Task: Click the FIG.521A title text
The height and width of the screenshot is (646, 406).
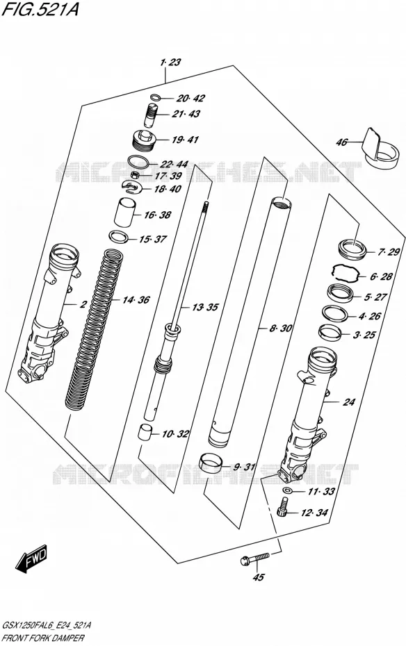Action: click(x=40, y=9)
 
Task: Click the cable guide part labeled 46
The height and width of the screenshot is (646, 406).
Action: click(x=381, y=149)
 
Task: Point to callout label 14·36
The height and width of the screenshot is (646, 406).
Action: click(x=136, y=300)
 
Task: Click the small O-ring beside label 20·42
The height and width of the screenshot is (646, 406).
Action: click(x=156, y=98)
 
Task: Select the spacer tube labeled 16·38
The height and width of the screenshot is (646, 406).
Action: click(x=125, y=212)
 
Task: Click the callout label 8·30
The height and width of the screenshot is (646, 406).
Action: click(x=281, y=329)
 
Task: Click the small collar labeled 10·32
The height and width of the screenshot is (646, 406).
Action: click(x=145, y=433)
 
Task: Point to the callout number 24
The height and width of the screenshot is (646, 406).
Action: click(x=349, y=401)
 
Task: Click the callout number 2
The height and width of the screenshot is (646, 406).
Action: click(x=83, y=304)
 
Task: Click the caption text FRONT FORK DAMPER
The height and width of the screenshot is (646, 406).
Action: click(x=43, y=638)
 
